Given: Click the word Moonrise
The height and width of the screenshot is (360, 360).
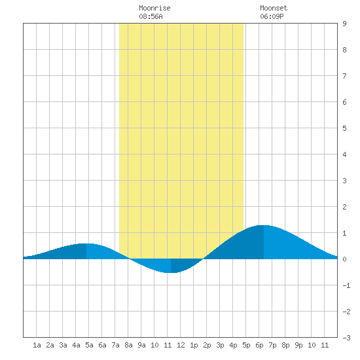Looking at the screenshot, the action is click(154, 8).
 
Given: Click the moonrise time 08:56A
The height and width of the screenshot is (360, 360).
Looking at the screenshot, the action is click(151, 16).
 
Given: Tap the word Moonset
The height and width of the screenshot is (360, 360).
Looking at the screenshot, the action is click(274, 8).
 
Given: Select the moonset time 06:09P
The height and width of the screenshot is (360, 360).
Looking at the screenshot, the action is click(272, 16).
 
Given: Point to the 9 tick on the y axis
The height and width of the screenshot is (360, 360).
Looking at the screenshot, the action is click(344, 24).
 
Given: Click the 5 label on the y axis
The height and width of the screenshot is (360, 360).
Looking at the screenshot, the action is click(344, 128).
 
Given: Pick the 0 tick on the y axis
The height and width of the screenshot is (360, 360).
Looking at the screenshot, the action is click(344, 259).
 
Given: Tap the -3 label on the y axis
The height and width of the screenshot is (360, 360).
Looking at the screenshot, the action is click(346, 338).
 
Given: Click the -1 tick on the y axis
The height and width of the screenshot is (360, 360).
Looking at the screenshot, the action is click(346, 285).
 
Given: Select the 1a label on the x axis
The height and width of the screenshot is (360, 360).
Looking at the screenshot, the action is click(37, 345).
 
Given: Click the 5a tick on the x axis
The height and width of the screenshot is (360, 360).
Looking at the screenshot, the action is click(89, 345).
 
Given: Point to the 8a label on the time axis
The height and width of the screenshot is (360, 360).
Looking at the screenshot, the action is click(128, 345).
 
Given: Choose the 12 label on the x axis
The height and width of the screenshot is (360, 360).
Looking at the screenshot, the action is click(181, 345).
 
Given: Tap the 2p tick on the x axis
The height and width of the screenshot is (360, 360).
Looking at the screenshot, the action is click(207, 345).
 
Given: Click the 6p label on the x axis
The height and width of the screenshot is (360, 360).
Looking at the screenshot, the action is click(259, 345).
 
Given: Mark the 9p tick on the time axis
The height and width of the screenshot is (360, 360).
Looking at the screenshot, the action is click(298, 345).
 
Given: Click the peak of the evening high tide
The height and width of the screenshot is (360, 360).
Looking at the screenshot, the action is click(264, 225).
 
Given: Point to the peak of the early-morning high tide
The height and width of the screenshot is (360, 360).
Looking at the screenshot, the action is click(86, 243).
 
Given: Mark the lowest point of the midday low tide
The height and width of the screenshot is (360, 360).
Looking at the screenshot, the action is click(171, 273).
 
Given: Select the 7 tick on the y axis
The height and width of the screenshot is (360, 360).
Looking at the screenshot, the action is click(344, 76).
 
